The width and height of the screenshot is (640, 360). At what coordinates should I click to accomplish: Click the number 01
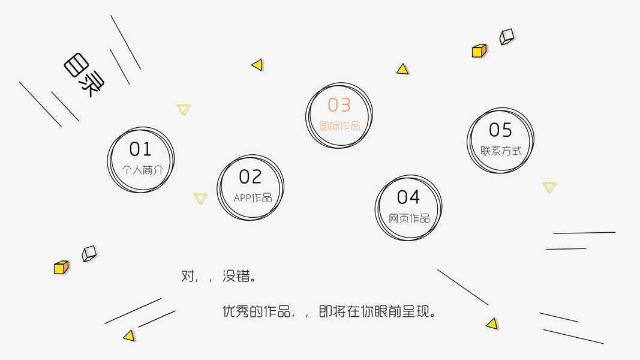point(140,149)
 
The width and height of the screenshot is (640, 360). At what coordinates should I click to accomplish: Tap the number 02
point(250,177)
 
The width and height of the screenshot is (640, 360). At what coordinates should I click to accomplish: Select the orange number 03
point(339,105)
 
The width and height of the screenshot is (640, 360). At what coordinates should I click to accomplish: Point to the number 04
point(408,197)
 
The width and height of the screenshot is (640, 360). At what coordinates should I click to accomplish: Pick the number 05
point(500,130)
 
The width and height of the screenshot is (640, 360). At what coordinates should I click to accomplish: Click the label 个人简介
point(142,170)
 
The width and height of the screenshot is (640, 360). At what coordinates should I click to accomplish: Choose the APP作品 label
point(253,198)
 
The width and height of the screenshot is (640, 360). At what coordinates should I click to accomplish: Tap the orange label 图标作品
point(340,126)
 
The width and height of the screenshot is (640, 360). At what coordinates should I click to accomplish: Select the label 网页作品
point(410,218)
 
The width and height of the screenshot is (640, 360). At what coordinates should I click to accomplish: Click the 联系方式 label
point(501,151)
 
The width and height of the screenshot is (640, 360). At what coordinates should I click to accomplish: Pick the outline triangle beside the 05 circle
point(549,187)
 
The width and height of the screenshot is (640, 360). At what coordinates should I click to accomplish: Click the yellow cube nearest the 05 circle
point(479,51)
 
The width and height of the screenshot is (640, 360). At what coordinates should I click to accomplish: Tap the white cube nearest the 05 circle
point(507,37)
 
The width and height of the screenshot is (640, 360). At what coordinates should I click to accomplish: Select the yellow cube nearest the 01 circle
point(61,268)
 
